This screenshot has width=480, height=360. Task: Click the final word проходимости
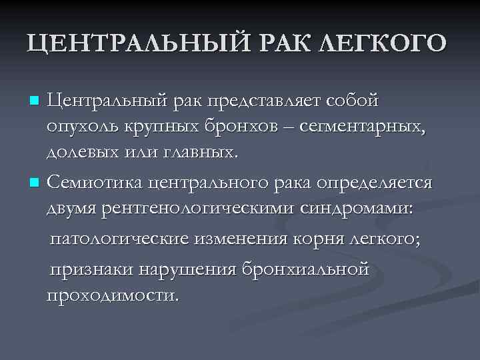tap(112, 294)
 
